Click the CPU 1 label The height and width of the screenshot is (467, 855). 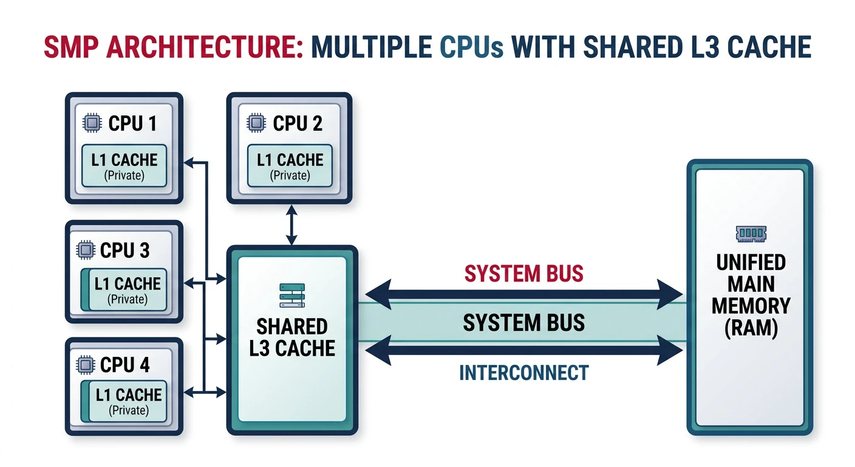pos(132,123)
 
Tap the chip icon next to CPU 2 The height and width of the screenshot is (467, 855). pos(256,123)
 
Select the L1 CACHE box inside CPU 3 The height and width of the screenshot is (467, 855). pos(125,290)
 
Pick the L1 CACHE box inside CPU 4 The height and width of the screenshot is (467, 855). pos(125,401)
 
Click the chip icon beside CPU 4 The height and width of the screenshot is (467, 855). pos(86,365)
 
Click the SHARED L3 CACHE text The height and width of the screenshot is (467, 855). pos(292,337)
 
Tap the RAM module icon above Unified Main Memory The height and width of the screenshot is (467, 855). pos(751,233)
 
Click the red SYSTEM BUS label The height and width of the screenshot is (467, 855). pos(523,274)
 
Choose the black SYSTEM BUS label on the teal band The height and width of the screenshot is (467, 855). pos(523,322)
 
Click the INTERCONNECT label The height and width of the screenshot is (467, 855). pos(523,372)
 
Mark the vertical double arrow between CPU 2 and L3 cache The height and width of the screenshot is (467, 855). pos(292,224)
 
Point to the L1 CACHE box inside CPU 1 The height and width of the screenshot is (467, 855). pos(124,165)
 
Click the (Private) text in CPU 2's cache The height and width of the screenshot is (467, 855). pos(290,176)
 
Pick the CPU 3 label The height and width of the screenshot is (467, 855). pos(124,250)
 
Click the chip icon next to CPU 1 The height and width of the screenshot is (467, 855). pos(92,123)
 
